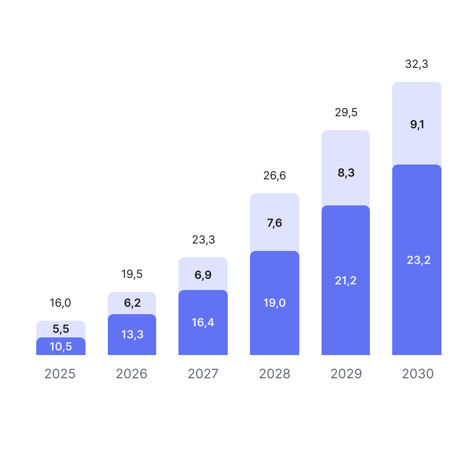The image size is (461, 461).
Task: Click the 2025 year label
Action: click(60, 374)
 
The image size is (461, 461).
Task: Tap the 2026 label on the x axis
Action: click(132, 374)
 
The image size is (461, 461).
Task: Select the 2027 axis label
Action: click(203, 374)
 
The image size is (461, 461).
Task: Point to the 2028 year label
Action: click(275, 374)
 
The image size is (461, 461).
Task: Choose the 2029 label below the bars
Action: click(346, 374)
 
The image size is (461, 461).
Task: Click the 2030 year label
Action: click(418, 374)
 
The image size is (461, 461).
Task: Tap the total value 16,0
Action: click(60, 303)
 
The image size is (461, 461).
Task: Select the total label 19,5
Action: click(132, 275)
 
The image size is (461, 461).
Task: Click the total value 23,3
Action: click(204, 240)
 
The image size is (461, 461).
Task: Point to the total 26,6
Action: click(275, 176)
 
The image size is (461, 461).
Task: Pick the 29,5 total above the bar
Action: click(346, 113)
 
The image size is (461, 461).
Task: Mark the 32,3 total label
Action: click(417, 65)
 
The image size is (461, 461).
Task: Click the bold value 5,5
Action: click(61, 329)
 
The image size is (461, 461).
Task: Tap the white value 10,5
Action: click(61, 346)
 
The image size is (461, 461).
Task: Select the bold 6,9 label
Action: click(203, 275)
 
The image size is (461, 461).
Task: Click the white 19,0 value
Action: click(275, 303)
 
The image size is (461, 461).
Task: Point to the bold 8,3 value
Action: click(346, 173)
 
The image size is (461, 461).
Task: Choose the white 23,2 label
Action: click(419, 260)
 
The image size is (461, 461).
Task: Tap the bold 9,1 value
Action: click(417, 125)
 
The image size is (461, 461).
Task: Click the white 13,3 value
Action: click(132, 334)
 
